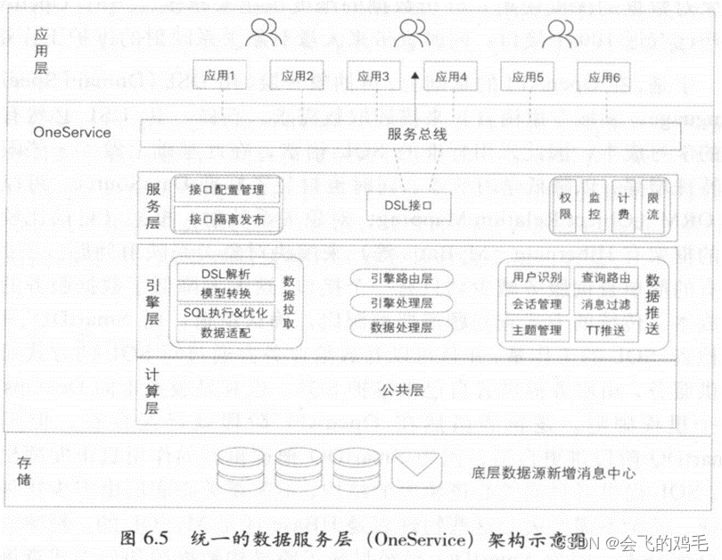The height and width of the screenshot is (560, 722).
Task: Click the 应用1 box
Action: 220,77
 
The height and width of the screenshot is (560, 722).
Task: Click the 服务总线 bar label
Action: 412,136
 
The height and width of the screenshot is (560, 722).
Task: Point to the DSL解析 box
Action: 226,274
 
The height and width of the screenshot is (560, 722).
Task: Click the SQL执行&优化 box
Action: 226,313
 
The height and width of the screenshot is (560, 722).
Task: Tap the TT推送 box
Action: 605,330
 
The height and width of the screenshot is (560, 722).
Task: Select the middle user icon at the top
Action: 411,33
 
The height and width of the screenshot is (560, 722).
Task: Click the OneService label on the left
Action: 72,132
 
